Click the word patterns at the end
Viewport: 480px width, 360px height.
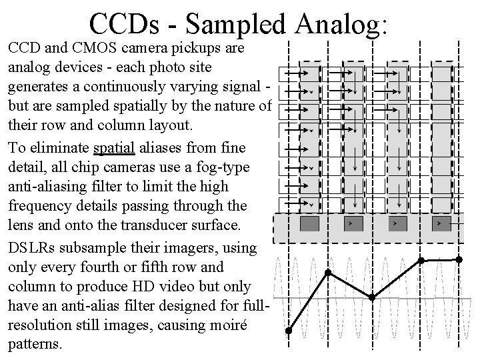pos(33,345)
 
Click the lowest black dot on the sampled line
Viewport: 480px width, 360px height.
pos(288,331)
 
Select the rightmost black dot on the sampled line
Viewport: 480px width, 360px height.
pos(459,259)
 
